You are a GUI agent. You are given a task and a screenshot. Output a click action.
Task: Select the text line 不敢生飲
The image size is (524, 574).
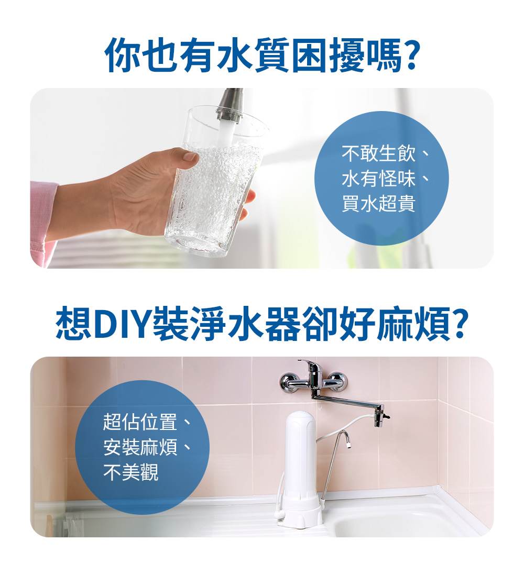tap(378, 154)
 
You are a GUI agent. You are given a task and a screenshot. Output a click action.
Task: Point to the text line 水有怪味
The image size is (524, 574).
tap(378, 179)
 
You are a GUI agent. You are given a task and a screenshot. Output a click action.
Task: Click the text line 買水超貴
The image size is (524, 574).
tap(378, 204)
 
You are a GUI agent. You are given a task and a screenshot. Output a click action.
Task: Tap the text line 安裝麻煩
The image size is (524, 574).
tap(140, 448)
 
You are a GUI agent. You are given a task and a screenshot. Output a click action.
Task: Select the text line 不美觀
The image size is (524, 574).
tap(130, 473)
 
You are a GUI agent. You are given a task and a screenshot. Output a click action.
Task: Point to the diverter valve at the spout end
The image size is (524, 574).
tap(380, 415)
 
